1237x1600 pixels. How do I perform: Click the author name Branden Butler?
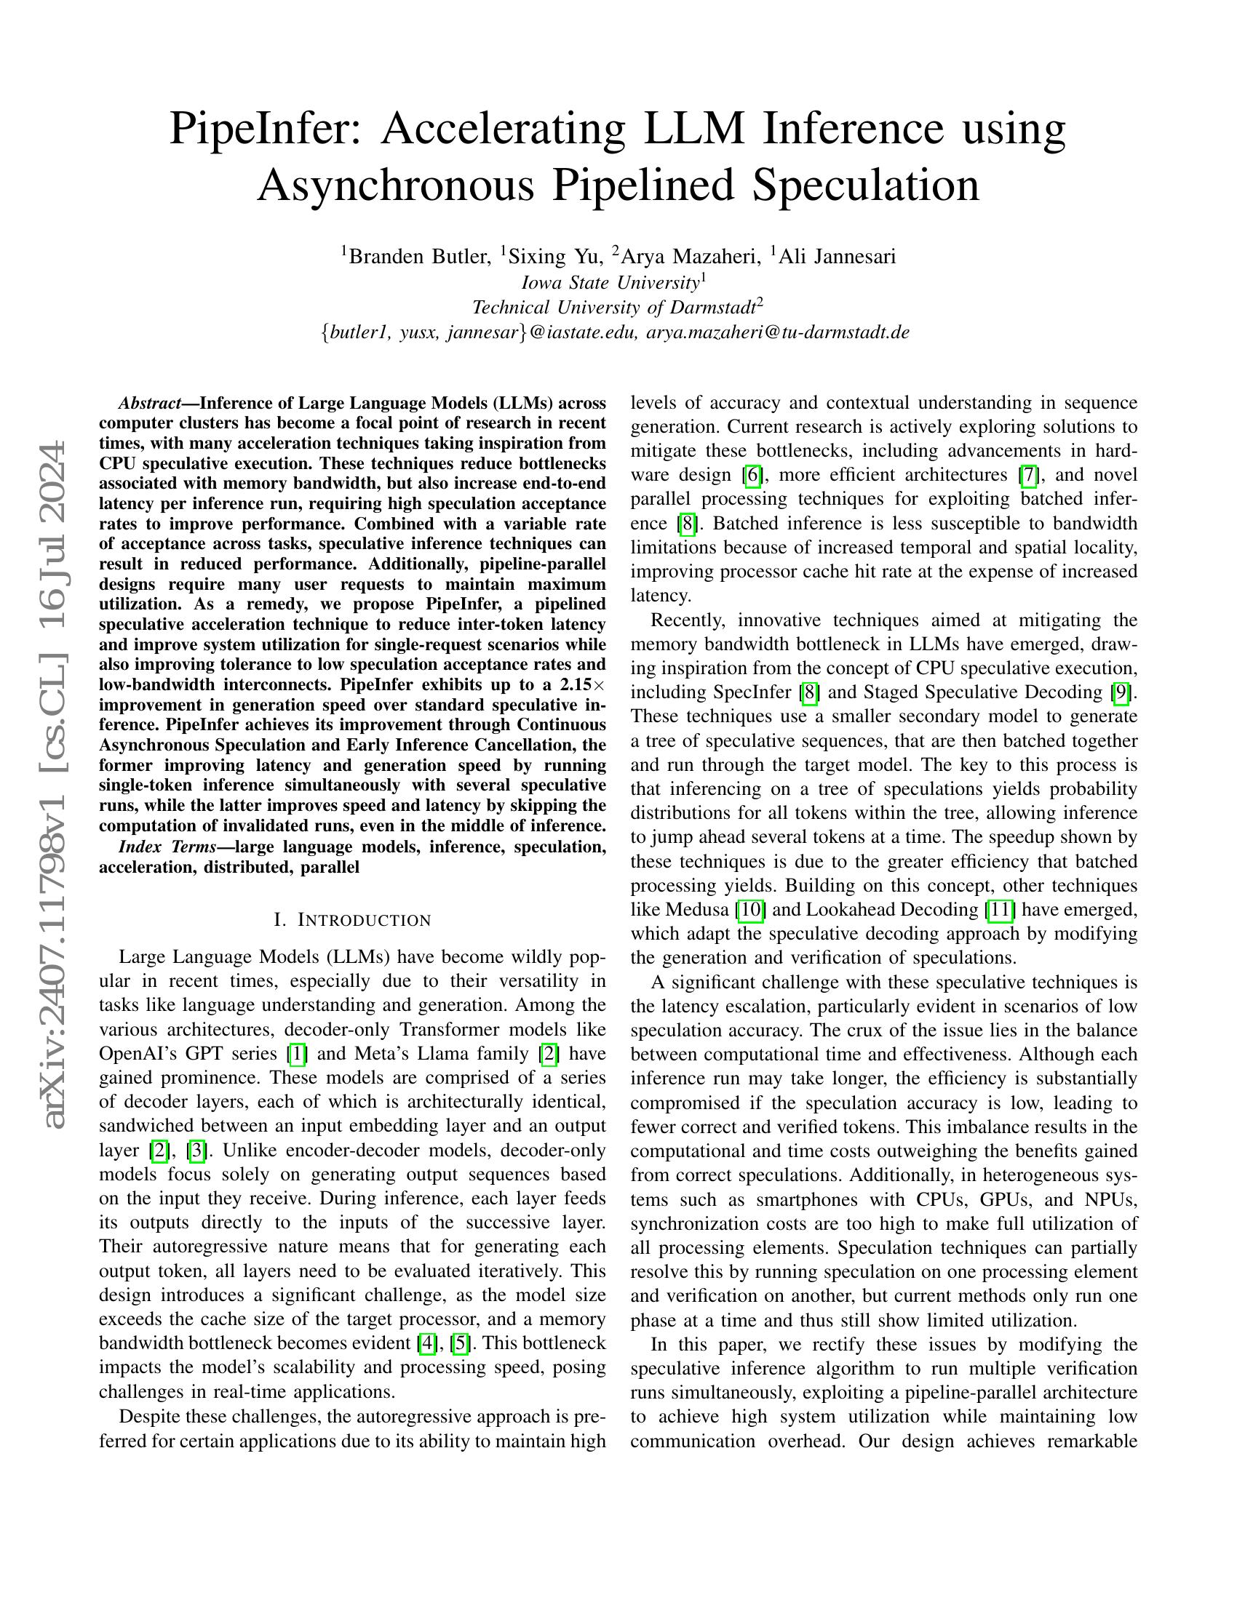419,257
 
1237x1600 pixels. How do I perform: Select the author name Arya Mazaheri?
691,257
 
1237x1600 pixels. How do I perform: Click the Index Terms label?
167,847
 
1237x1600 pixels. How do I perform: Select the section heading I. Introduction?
352,919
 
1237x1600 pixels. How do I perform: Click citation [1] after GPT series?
297,1055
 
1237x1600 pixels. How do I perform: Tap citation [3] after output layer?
196,1151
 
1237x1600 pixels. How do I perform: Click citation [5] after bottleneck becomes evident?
460,1343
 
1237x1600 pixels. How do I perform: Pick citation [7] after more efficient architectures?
1029,476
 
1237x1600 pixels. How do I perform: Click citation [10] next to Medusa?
752,910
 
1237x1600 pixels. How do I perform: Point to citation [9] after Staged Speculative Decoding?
1121,692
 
